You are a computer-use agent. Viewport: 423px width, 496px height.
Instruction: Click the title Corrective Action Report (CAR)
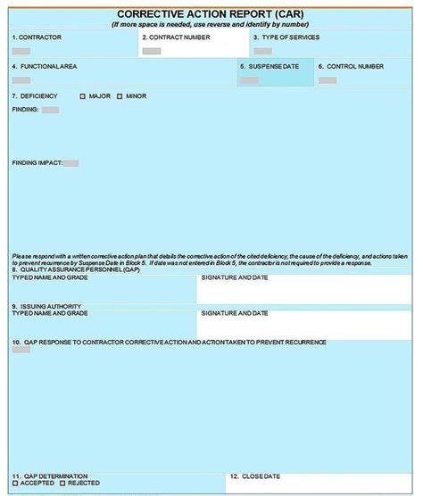211,14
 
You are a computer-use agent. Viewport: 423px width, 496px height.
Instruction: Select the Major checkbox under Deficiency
83,96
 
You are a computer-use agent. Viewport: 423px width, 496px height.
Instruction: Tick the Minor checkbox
120,96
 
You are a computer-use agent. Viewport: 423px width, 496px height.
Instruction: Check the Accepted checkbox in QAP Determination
15,483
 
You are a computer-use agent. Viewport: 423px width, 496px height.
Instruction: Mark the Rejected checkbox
64,483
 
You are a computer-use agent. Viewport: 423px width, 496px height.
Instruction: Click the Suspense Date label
276,67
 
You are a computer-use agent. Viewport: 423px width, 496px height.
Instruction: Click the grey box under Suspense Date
250,80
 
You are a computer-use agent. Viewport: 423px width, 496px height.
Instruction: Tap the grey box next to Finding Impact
70,163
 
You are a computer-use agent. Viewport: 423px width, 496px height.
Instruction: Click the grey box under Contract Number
152,51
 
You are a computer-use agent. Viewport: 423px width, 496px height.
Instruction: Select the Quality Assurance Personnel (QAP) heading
76,269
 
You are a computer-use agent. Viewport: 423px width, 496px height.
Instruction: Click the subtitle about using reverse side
211,24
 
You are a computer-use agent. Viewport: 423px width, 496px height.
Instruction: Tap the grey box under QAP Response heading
21,350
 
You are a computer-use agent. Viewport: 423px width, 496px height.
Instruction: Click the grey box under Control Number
328,80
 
